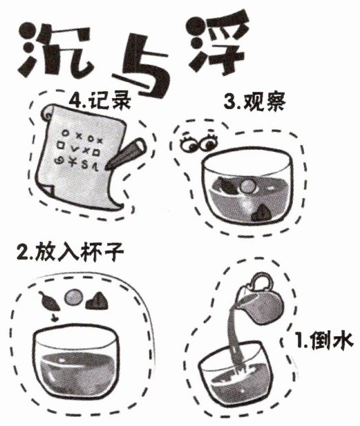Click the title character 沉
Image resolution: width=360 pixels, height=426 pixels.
click(56, 51)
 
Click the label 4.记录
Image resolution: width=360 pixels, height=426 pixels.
click(100, 99)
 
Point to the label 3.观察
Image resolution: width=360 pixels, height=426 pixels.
click(255, 103)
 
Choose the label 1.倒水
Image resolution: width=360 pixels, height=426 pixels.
click(324, 340)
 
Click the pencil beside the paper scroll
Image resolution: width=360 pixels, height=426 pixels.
click(126, 155)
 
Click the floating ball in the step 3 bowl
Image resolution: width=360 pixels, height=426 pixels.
click(247, 186)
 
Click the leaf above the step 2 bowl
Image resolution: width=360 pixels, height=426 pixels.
click(49, 301)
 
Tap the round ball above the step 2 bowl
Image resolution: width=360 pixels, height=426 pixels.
click(73, 298)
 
